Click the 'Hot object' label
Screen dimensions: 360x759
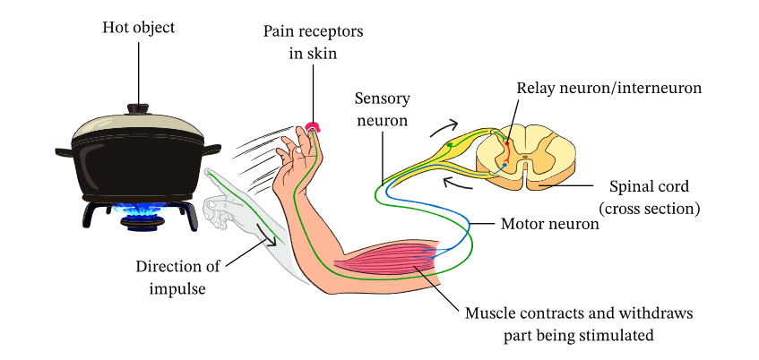(137, 28)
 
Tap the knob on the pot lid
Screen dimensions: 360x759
(138, 108)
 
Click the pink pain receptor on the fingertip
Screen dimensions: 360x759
(312, 126)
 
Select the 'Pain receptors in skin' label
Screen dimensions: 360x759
(313, 42)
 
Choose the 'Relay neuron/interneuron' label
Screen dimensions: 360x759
(608, 88)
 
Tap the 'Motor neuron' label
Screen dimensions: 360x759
(549, 224)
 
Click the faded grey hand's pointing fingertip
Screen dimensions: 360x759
(209, 170)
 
